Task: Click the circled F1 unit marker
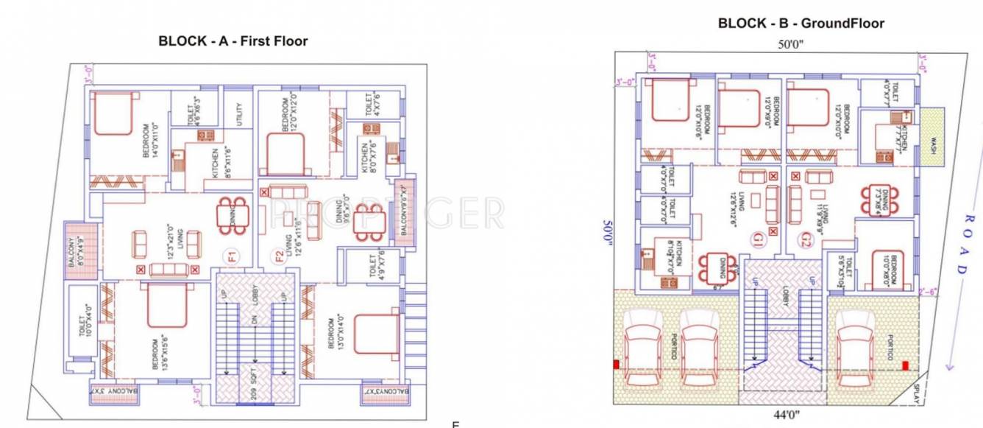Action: (x=231, y=258)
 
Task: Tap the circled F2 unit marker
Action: (x=280, y=258)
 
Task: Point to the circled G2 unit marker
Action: (x=806, y=239)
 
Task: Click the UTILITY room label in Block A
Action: (x=238, y=114)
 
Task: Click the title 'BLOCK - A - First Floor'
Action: (x=233, y=41)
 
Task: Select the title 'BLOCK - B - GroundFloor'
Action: (x=801, y=24)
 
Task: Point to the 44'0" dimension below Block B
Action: (x=781, y=415)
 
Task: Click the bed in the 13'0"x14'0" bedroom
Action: (x=377, y=334)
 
